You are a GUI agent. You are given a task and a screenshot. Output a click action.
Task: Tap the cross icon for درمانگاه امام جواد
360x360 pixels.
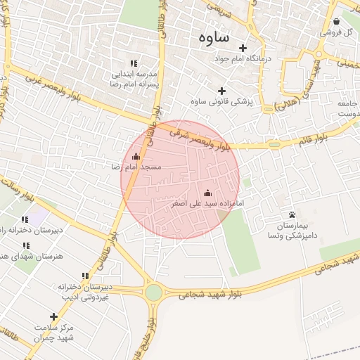(x=243, y=49)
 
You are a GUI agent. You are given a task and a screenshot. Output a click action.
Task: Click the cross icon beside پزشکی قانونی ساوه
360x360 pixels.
(x=222, y=91)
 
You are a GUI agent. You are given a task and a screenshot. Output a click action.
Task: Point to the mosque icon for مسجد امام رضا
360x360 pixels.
(x=136, y=156)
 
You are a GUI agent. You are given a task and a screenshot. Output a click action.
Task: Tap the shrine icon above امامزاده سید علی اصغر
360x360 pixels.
(x=207, y=193)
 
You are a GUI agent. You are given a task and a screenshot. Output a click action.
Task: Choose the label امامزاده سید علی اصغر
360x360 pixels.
(x=207, y=204)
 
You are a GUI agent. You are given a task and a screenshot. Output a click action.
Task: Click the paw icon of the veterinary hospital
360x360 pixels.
(x=292, y=214)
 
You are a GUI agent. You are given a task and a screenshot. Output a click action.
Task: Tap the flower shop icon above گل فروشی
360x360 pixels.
(x=336, y=21)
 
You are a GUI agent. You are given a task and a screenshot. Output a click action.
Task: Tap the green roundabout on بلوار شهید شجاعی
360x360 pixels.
(x=153, y=292)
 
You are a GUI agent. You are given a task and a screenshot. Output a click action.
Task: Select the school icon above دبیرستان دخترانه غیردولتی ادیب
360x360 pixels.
(x=85, y=276)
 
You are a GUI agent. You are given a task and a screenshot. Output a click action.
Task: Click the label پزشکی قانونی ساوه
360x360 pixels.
(x=221, y=103)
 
